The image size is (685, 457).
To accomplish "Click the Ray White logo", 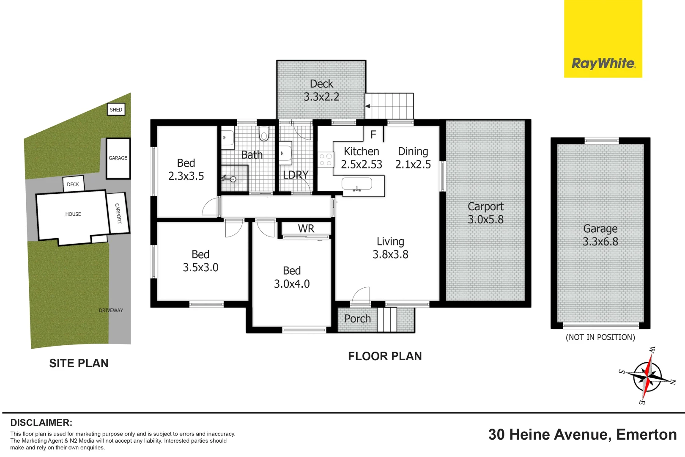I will coord(603,63).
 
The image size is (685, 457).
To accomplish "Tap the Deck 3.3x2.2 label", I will coord(321,90).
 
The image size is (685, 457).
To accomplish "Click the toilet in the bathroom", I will coord(264,133).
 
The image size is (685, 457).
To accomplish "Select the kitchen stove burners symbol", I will coord(325,160).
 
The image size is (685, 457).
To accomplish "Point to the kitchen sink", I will coord(357,184).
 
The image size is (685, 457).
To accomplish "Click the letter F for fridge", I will coord(373,135).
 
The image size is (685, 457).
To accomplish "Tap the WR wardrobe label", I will coord(306,229).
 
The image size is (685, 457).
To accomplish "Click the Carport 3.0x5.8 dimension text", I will coord(485,220).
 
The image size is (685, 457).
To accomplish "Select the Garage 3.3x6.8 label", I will coord(600,235).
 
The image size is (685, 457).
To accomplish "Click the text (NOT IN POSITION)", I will coord(600,337).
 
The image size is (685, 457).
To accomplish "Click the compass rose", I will coord(647,375).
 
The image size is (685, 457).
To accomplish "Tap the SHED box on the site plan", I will coord(116,110).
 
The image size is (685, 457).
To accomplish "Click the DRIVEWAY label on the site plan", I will coord(111,310).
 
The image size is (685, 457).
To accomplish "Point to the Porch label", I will coord(357,319).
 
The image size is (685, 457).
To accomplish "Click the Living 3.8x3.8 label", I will coord(390,248).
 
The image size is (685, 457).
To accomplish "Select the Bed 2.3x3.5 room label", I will coord(186,170).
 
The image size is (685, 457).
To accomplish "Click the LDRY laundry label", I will coord(296,175).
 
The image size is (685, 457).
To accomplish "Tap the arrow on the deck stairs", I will coord(368,106).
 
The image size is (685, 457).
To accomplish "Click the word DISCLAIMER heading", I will coord(41,423).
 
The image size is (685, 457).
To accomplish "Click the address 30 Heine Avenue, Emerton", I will coord(582,435).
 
